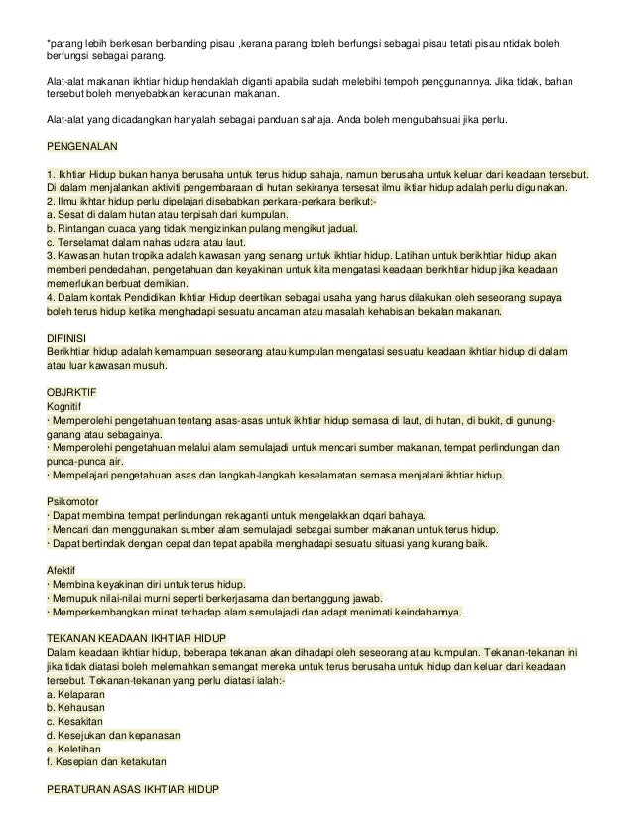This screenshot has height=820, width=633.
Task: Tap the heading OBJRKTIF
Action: pyautogui.click(x=73, y=389)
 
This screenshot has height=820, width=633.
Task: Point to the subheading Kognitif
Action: pyautogui.click(x=64, y=404)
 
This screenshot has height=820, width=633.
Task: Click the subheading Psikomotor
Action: pyautogui.click(x=73, y=501)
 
